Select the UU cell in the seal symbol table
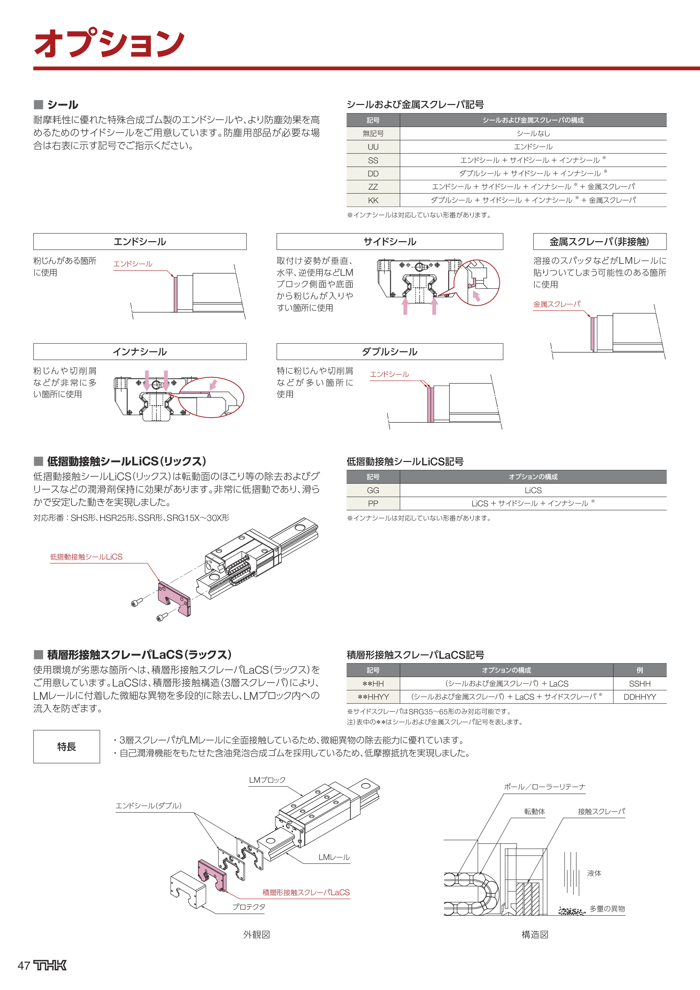point(373,147)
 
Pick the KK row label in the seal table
point(373,201)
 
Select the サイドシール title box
point(390,242)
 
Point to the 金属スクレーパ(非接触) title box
point(599,242)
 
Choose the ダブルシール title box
point(390,352)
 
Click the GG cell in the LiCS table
point(373,490)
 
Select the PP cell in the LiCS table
point(373,504)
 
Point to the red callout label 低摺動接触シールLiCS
point(86,557)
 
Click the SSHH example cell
point(640,684)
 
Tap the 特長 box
point(66,747)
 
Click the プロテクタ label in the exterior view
point(249,907)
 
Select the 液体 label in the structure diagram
point(594,873)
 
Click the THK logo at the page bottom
point(50,965)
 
